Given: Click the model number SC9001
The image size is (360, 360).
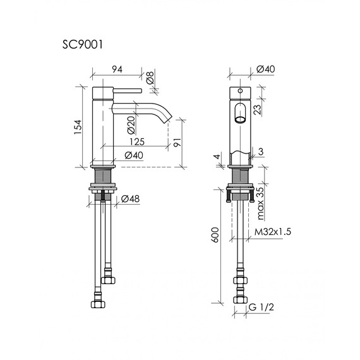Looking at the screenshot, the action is pyautogui.click(x=83, y=45).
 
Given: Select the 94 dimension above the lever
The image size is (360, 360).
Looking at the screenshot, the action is pyautogui.click(x=117, y=69).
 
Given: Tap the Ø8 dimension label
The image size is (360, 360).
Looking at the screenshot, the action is pyautogui.click(x=150, y=78).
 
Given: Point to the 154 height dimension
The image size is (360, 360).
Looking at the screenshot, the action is pyautogui.click(x=78, y=127).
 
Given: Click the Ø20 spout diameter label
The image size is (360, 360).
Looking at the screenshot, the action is pyautogui.click(x=131, y=125).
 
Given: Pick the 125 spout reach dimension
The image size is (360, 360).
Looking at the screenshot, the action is pyautogui.click(x=137, y=142).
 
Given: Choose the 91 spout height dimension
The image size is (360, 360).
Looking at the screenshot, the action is pyautogui.click(x=177, y=142).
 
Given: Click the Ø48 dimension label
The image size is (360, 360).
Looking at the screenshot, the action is pyautogui.click(x=130, y=199).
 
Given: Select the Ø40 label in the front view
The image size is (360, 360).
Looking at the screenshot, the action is pyautogui.click(x=265, y=69).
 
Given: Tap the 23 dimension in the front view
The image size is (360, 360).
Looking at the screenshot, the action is pyautogui.click(x=258, y=109).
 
